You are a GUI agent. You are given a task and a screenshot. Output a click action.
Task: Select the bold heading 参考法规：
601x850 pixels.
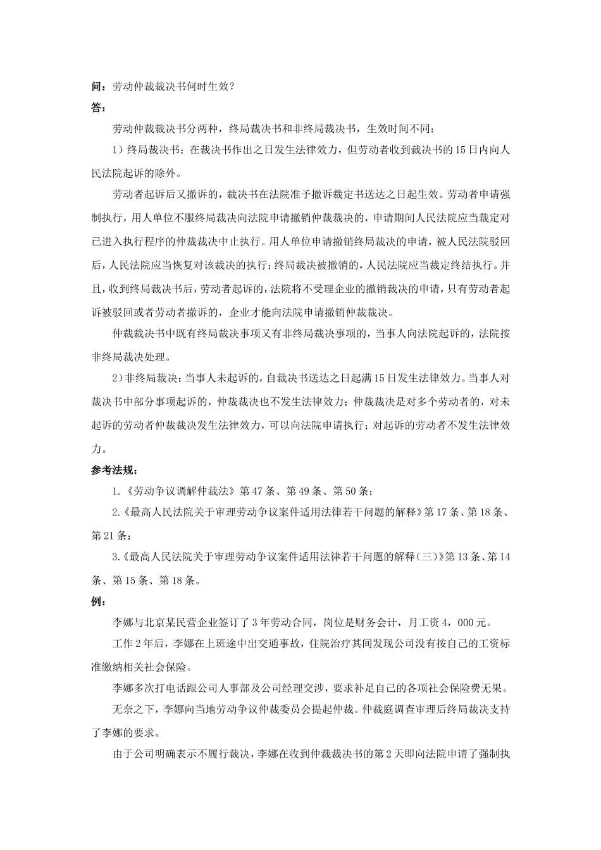coord(115,471)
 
